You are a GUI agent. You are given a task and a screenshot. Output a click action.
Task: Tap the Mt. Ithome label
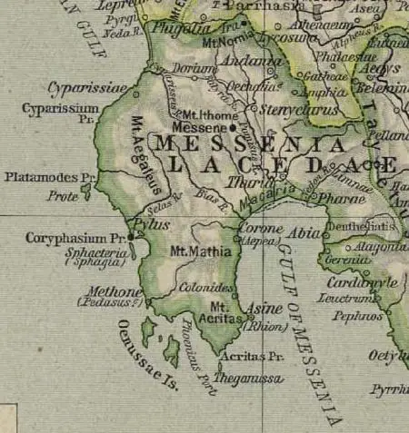[205, 115]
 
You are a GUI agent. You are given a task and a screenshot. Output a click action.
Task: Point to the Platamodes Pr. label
[49, 177]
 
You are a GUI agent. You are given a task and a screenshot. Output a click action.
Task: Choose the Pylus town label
[149, 223]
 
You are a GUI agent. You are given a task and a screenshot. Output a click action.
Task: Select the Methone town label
[114, 292]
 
